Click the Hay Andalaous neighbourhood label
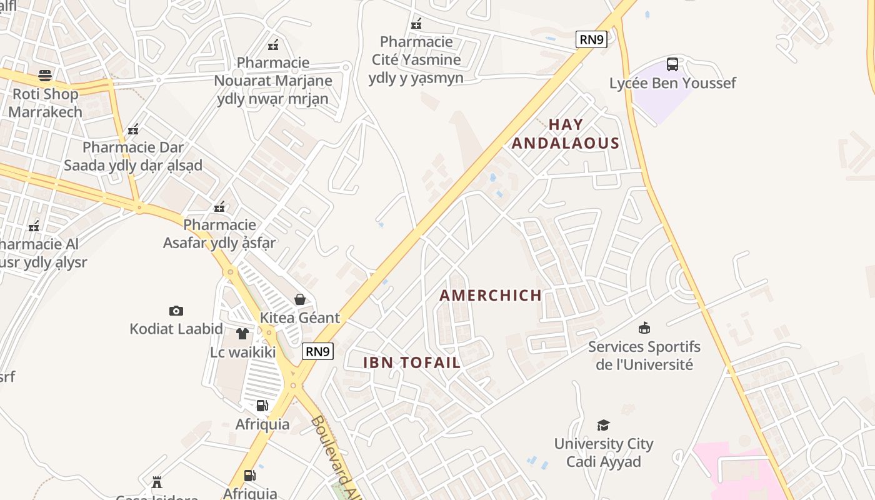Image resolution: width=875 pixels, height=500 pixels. click(x=566, y=134)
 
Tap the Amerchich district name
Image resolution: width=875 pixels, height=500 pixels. click(x=491, y=296)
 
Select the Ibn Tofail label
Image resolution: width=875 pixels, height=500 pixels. click(x=412, y=362)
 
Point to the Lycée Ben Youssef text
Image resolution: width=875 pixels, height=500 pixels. click(x=672, y=83)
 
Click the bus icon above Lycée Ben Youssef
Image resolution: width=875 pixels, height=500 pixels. click(x=672, y=64)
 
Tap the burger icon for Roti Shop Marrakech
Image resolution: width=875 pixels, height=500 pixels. click(x=45, y=76)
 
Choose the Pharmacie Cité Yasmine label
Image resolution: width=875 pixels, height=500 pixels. click(x=416, y=60)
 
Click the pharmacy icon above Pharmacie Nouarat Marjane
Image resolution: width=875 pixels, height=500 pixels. click(x=273, y=45)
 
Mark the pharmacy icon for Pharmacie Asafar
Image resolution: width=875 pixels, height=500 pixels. click(x=219, y=207)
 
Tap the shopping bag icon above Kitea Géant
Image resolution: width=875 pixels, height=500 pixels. click(x=300, y=299)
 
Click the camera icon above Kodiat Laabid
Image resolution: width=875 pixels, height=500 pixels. click(x=176, y=311)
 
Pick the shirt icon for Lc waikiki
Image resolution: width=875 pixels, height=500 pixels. click(x=242, y=334)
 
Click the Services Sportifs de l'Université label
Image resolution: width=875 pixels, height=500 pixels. click(x=644, y=355)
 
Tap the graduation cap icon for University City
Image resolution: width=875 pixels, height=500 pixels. click(x=603, y=426)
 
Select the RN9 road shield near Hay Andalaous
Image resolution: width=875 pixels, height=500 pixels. click(x=591, y=40)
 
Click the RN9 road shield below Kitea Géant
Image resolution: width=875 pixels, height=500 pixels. click(x=317, y=351)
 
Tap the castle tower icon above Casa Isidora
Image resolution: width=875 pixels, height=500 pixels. click(x=157, y=482)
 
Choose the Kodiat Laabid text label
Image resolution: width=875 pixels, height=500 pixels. click(x=176, y=329)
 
